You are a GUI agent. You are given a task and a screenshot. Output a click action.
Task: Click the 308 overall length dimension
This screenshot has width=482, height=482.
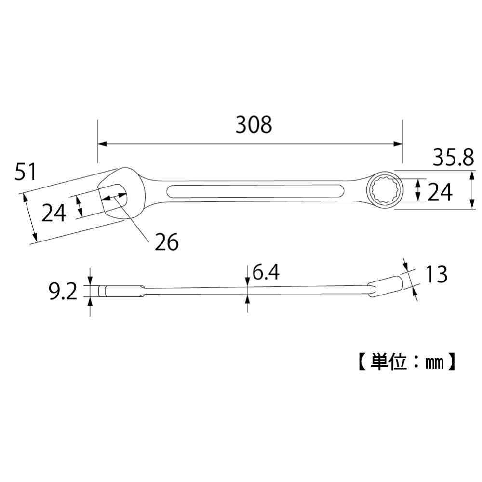pos(254,125)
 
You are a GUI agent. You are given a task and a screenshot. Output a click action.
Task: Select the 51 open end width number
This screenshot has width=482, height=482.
pos(26,172)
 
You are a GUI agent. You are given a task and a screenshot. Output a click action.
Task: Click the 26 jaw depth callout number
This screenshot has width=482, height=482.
pos(166,242)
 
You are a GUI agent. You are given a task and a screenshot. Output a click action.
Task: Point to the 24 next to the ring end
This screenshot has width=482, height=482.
pos(440,193)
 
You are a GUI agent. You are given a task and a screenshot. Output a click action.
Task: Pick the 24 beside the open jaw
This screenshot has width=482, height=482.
pos(53,213)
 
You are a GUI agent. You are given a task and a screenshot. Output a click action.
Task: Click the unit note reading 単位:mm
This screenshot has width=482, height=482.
pos(405,361)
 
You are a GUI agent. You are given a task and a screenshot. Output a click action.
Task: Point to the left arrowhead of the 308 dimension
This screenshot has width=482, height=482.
pos(101,144)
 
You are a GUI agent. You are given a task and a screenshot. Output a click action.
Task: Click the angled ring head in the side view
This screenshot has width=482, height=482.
pos(386,284)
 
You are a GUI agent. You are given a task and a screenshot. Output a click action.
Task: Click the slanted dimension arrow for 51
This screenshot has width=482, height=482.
pos(29,217)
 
